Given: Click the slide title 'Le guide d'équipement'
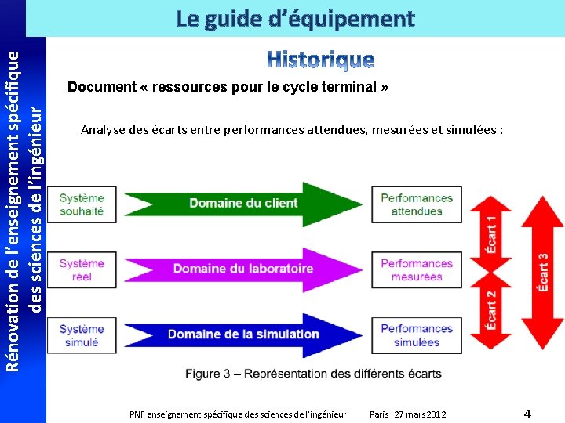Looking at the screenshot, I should click(x=295, y=19).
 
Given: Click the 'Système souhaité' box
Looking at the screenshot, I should click(x=82, y=204).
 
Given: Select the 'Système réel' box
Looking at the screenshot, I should click(x=82, y=270).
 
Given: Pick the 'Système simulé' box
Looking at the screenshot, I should click(x=82, y=335).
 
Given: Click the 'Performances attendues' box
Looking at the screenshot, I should click(x=417, y=204).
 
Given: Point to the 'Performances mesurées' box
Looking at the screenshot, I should click(x=417, y=270).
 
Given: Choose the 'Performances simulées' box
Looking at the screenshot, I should click(x=417, y=335).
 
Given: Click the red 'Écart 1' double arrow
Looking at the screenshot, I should click(x=491, y=234).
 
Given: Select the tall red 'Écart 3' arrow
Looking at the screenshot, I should click(x=542, y=272).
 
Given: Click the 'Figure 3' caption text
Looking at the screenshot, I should click(x=313, y=374).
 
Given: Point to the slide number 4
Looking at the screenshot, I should click(x=527, y=414).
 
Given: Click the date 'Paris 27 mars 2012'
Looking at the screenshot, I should click(x=407, y=414).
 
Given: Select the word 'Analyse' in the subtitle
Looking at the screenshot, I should click(x=102, y=129).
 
